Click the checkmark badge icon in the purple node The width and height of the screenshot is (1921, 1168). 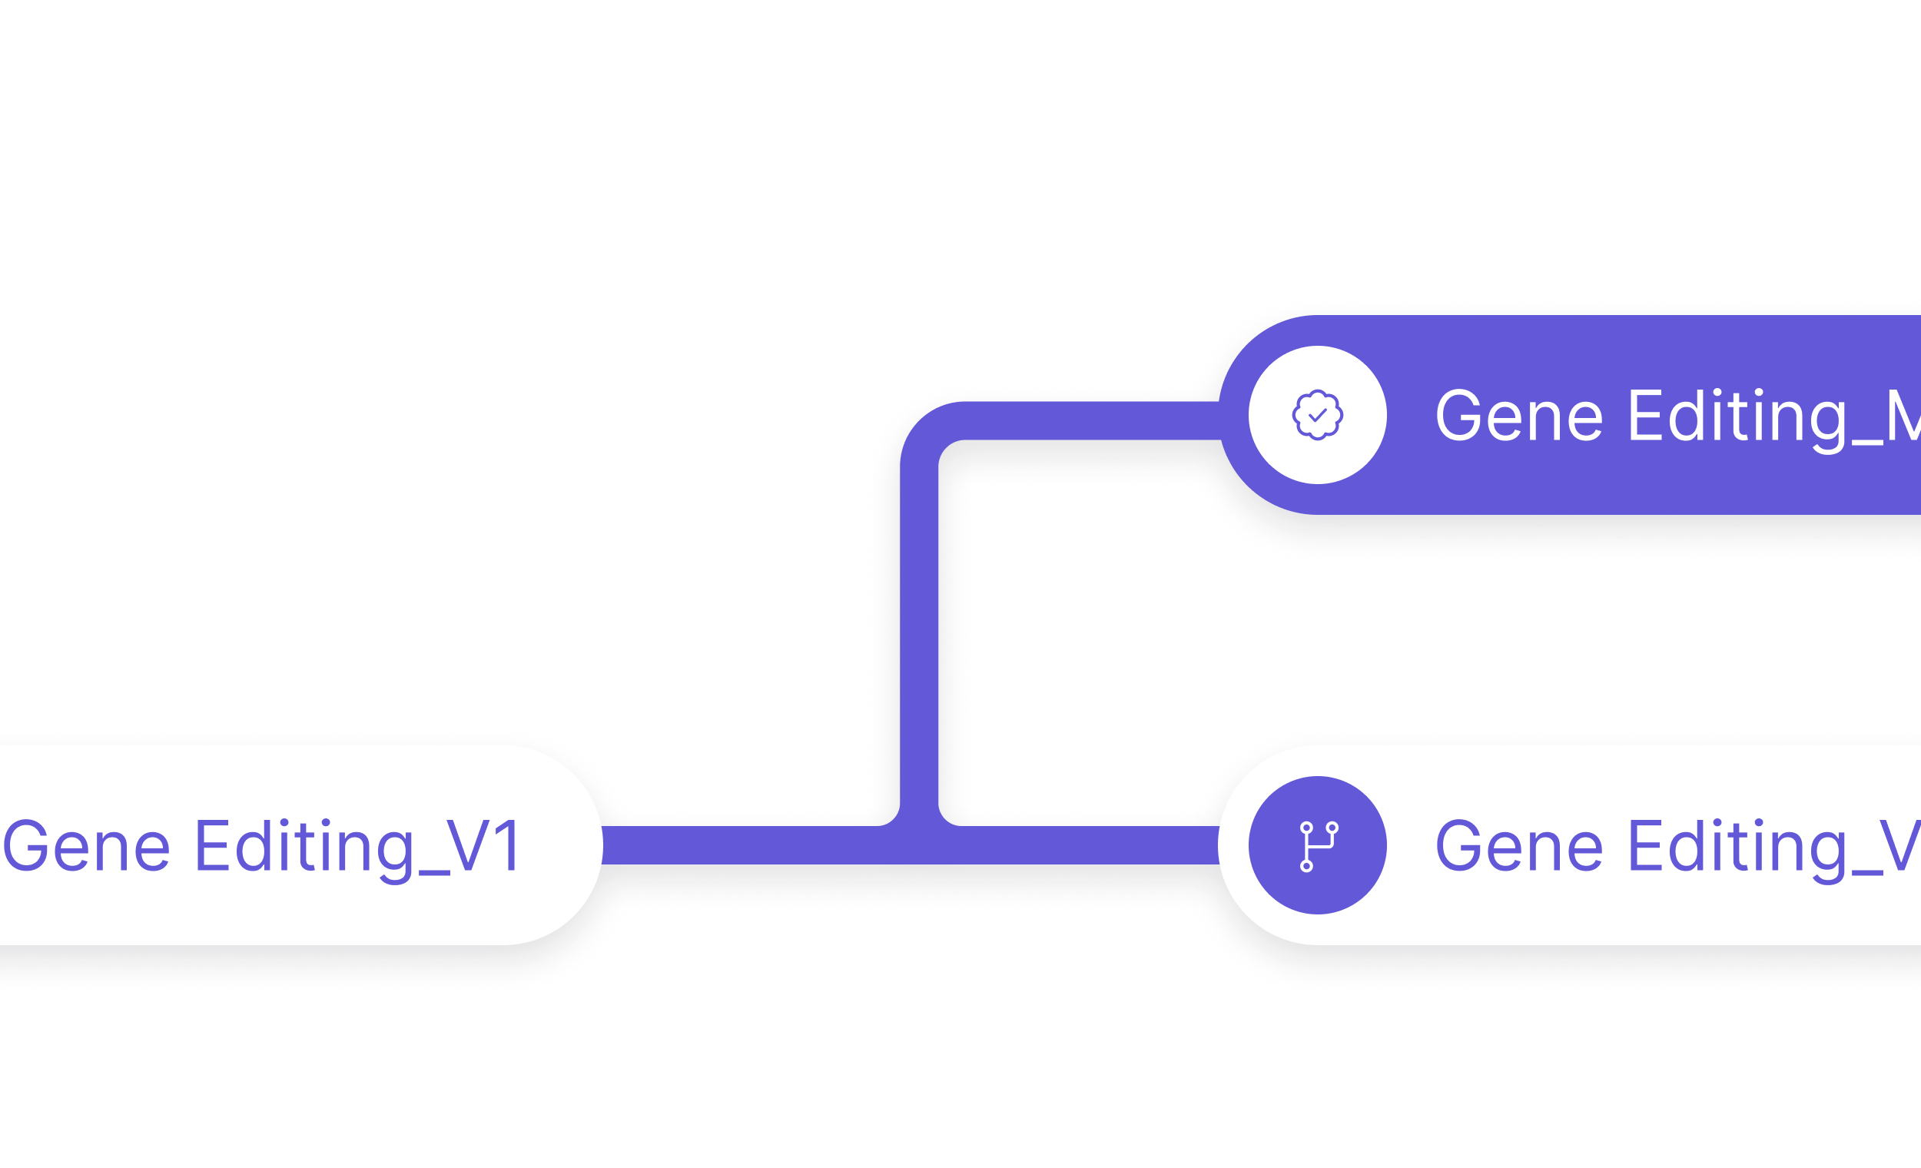[1318, 415]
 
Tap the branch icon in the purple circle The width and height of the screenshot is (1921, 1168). [1318, 845]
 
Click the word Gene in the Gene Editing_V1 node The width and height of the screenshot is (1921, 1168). [86, 847]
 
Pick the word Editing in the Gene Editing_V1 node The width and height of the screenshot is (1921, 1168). [304, 847]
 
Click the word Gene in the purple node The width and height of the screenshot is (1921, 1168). [1518, 416]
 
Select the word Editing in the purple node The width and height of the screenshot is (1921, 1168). [1737, 416]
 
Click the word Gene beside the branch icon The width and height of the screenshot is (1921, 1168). [1518, 847]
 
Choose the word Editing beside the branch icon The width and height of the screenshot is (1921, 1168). [1737, 847]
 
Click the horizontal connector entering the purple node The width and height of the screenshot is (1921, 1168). [1091, 421]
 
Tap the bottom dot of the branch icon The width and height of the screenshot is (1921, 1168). [1306, 865]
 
